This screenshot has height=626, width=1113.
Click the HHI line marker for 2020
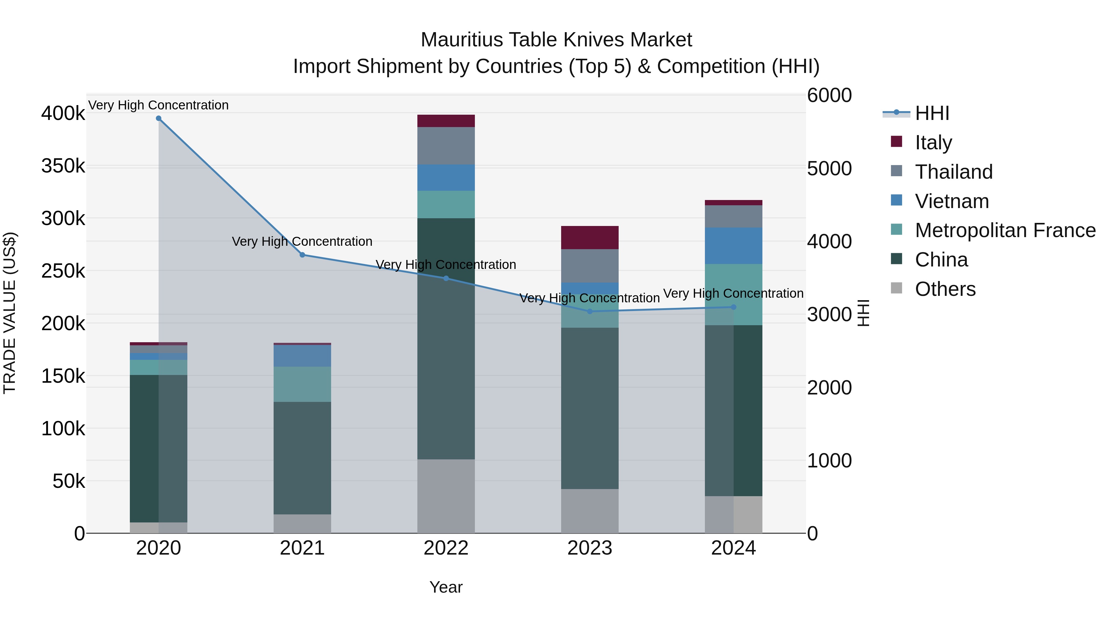pos(159,118)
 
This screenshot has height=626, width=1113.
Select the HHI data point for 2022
pos(446,278)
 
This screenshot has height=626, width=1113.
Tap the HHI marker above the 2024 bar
pos(733,307)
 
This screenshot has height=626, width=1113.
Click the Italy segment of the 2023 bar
pos(590,238)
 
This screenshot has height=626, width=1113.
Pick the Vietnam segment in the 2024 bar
pos(733,246)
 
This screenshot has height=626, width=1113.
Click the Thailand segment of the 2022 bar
pos(446,146)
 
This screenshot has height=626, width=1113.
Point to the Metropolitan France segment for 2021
pos(302,384)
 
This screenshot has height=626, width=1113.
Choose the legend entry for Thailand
pos(953,172)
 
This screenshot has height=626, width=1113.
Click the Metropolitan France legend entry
pos(1005,231)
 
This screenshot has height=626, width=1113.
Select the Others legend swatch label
pos(945,289)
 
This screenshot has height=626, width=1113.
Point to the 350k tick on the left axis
pos(63,166)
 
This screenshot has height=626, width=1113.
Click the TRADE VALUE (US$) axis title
pos(10,313)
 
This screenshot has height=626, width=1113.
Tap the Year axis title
pos(446,587)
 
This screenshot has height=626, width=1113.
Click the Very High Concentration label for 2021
pos(302,241)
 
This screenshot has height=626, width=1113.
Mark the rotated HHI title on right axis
pos(863,313)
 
